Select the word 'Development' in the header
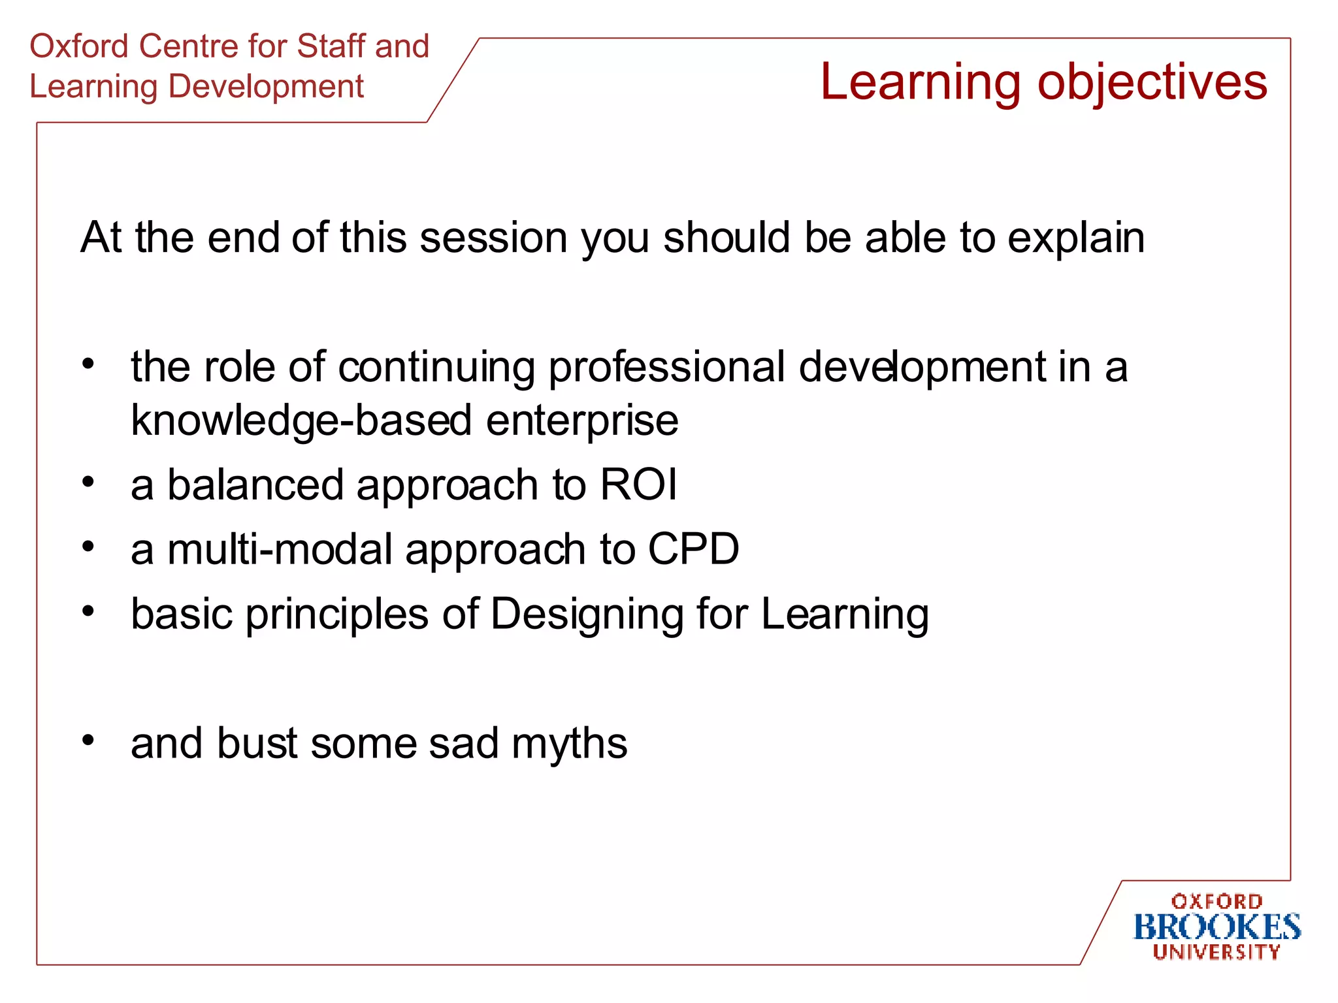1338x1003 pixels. [266, 87]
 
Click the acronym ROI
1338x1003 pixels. [638, 485]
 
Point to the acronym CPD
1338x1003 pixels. [693, 549]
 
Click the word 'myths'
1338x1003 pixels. [569, 744]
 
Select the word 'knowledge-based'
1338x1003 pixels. [301, 420]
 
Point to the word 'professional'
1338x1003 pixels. [666, 367]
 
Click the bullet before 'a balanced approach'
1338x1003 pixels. [89, 482]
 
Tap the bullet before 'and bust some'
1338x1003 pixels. [89, 740]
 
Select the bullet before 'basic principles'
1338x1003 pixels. [89, 611]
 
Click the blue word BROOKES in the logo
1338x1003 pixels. [1216, 927]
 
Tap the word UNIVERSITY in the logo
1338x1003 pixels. [1216, 952]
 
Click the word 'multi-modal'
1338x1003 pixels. [280, 549]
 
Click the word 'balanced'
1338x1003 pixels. [255, 485]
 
